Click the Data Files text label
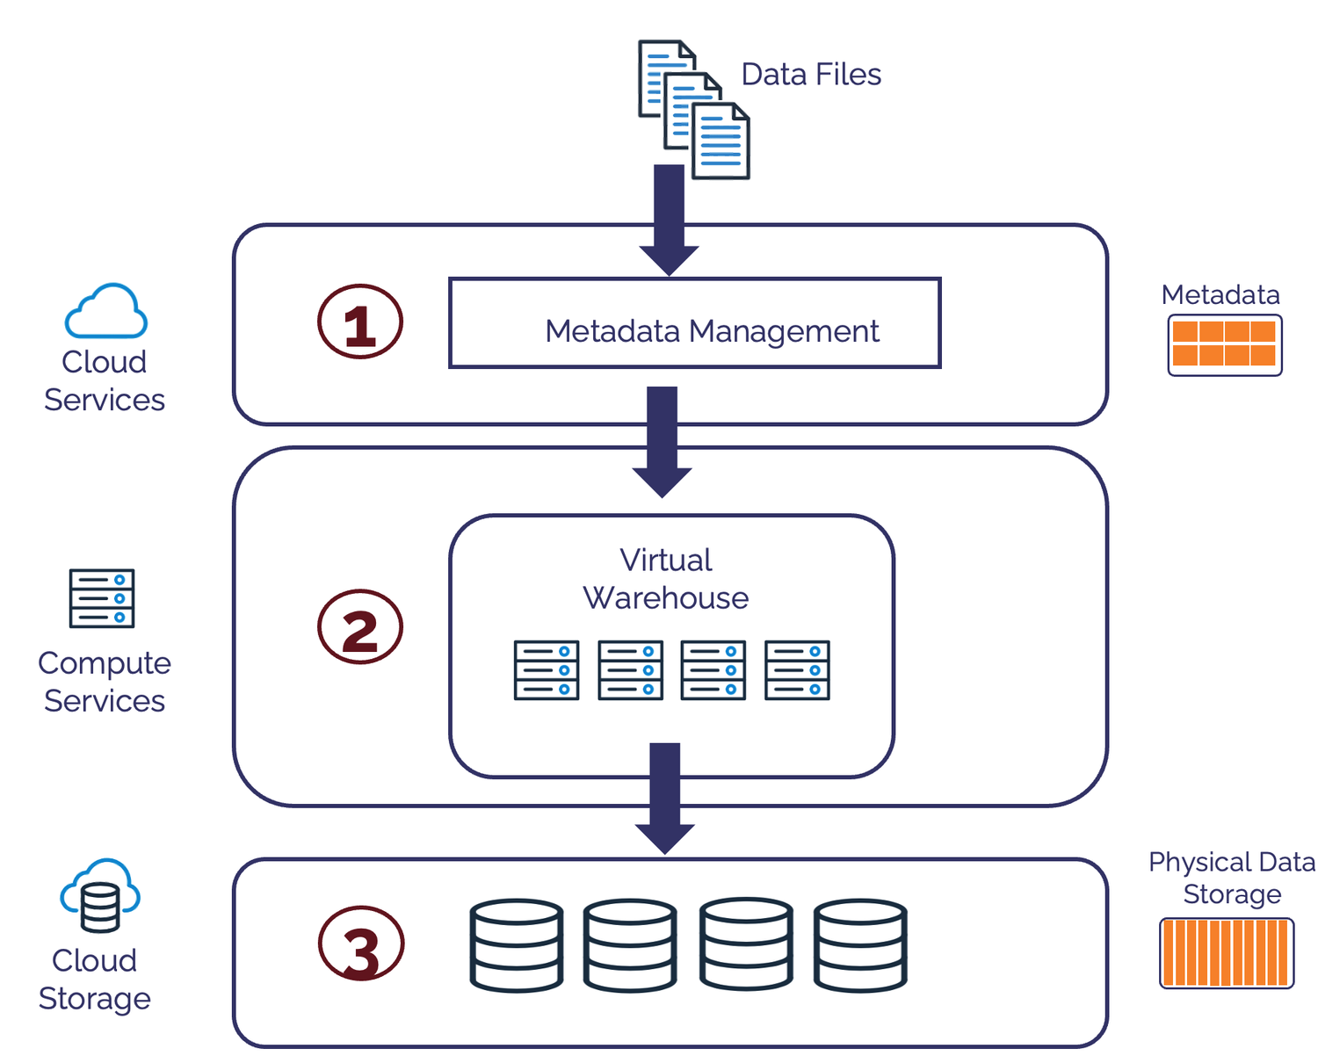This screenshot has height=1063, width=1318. click(810, 75)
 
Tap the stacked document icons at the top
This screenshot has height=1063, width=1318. click(693, 109)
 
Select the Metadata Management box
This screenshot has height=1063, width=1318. click(694, 323)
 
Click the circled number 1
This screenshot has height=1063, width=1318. click(360, 322)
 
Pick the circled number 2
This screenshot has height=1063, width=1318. click(360, 627)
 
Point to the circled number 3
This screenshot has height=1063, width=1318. click(361, 944)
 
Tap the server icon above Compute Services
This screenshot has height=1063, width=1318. click(102, 598)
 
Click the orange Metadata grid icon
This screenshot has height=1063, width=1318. click(1225, 345)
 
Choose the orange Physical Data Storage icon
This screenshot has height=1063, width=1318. click(1227, 953)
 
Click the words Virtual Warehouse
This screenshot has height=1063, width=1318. click(666, 579)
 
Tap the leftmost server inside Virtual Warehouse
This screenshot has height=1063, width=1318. click(547, 670)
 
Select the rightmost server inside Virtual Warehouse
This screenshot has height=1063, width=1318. click(797, 670)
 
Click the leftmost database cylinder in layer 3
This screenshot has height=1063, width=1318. click(517, 945)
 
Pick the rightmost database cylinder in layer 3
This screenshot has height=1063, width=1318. click(860, 945)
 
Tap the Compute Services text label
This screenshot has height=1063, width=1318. click(105, 682)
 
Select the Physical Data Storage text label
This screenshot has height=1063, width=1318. click(1232, 878)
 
